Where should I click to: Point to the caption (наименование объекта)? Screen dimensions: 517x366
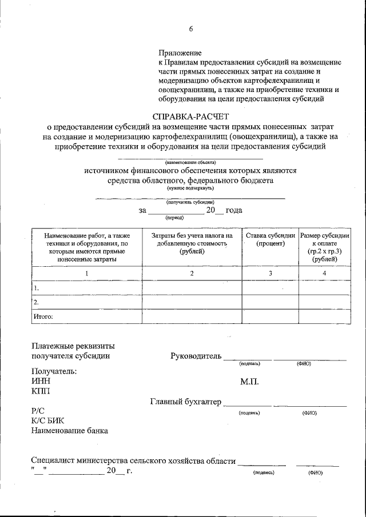(190, 162)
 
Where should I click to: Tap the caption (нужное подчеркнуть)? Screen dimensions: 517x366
(190, 187)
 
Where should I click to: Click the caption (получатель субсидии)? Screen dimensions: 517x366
(190, 202)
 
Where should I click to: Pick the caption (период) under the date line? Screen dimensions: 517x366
(174, 218)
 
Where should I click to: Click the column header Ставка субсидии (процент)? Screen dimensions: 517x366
(270, 239)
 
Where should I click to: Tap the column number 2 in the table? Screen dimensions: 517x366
(192, 274)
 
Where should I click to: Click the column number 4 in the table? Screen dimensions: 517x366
(324, 274)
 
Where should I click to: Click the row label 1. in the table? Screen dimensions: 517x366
(37, 288)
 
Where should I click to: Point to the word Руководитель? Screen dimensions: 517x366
(196, 356)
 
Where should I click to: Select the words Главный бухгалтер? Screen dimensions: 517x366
(185, 403)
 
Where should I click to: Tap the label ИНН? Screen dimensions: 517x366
(41, 381)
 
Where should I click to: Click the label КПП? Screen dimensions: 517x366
(41, 391)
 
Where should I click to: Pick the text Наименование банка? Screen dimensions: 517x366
(70, 431)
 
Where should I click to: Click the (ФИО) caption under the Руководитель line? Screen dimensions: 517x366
(303, 363)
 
